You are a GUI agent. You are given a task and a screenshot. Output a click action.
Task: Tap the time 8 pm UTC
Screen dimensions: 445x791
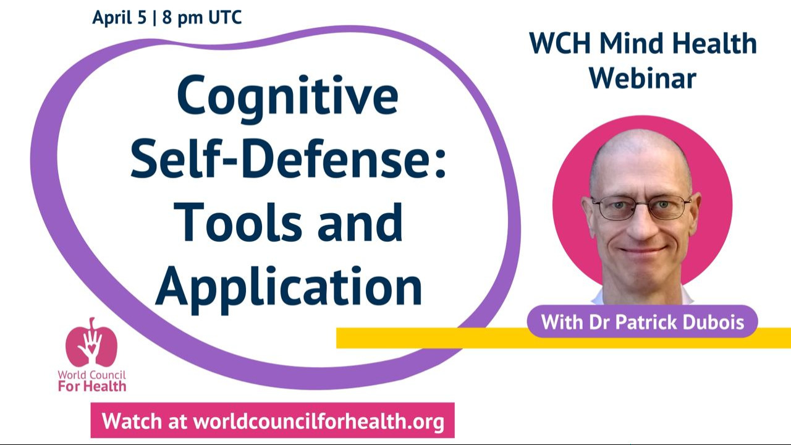[x=202, y=17]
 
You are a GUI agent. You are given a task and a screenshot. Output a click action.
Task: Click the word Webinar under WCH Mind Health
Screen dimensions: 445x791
[x=643, y=78]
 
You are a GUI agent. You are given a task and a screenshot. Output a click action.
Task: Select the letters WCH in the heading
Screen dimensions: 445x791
[x=560, y=44]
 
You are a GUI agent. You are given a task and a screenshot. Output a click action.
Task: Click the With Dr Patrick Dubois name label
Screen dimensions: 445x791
[x=642, y=321]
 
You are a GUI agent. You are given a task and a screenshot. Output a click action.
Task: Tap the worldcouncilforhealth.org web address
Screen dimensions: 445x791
[x=319, y=422]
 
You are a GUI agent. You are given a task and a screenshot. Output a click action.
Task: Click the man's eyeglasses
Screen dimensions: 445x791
[x=641, y=208]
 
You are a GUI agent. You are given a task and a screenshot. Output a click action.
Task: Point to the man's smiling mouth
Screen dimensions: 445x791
[x=641, y=250]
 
